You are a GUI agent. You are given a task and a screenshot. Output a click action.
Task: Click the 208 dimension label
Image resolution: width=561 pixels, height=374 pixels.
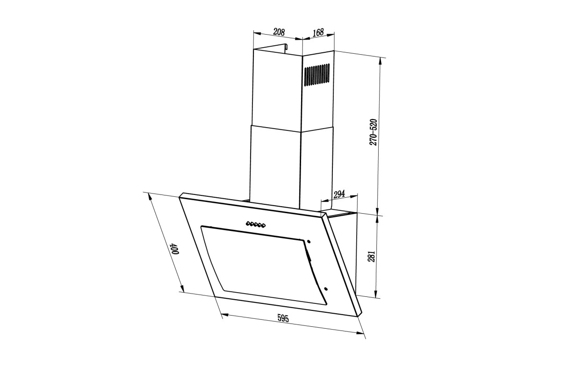[279, 32]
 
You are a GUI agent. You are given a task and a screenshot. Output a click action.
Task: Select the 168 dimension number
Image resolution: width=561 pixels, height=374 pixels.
[318, 32]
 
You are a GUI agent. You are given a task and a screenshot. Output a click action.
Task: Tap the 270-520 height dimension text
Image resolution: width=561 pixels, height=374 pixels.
[373, 132]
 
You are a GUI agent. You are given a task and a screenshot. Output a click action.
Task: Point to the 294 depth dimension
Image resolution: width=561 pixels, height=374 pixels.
[339, 194]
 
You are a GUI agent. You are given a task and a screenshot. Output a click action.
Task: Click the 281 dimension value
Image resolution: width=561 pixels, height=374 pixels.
[371, 256]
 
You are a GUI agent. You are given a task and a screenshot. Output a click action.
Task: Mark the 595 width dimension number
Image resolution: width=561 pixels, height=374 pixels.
[283, 318]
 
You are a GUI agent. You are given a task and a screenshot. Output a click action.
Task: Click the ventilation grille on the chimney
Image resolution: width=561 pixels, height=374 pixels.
[317, 75]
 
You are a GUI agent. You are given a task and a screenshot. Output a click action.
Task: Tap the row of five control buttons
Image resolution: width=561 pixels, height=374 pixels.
[255, 224]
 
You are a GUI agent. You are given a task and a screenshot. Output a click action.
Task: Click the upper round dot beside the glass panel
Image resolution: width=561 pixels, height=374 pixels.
[308, 242]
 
